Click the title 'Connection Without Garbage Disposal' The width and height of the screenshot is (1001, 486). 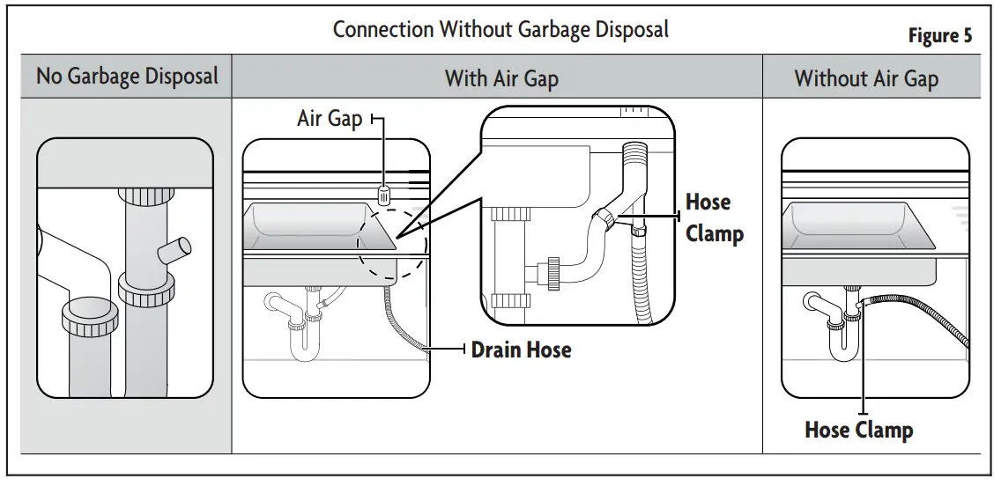(x=500, y=29)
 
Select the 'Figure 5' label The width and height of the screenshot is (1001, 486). (x=940, y=36)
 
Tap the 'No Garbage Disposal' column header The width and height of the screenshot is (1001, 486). (x=127, y=77)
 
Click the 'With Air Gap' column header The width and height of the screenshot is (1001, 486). (x=500, y=78)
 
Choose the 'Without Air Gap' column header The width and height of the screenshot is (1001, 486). (x=866, y=78)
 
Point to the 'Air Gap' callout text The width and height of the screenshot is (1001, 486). (x=330, y=119)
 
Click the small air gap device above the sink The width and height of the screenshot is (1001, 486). (x=383, y=194)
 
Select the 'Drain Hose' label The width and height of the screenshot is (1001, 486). (x=521, y=350)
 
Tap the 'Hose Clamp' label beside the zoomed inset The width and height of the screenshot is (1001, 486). (x=714, y=218)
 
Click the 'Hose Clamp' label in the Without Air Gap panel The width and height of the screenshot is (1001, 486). (x=858, y=430)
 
